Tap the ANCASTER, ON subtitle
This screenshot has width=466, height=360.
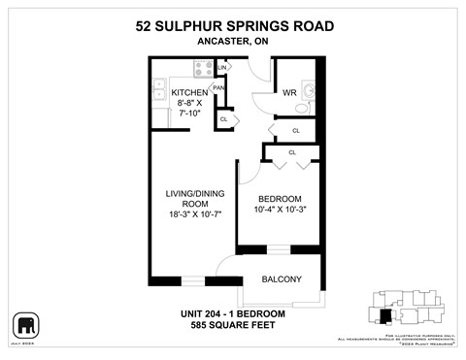(x=232, y=42)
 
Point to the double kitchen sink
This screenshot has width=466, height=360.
(x=160, y=92)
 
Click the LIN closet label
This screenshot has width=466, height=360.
(x=221, y=66)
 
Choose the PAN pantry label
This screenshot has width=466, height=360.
(x=218, y=86)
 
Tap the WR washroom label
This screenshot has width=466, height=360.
(x=288, y=94)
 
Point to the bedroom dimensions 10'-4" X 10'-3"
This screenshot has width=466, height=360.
(x=279, y=210)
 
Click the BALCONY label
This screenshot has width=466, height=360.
(x=281, y=279)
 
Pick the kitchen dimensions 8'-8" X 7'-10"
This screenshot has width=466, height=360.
(x=187, y=108)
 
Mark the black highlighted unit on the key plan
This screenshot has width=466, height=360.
(x=386, y=315)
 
